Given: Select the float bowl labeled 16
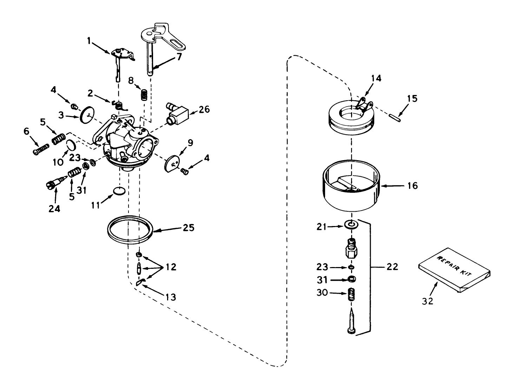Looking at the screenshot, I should pyautogui.click(x=351, y=190).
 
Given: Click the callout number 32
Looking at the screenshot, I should pyautogui.click(x=428, y=301).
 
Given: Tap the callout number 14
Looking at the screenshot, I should pyautogui.click(x=376, y=78).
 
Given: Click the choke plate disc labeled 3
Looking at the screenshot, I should pyautogui.click(x=86, y=114).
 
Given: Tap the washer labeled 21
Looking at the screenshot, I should pyautogui.click(x=351, y=224).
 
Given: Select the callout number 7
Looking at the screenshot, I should pyautogui.click(x=179, y=56).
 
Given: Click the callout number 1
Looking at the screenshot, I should pyautogui.click(x=89, y=41).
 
